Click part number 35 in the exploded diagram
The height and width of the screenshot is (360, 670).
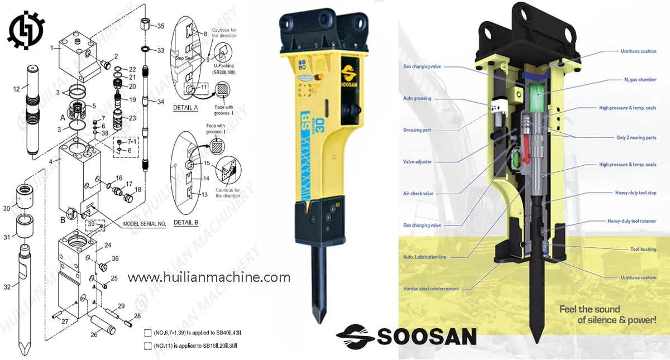pos(161,26)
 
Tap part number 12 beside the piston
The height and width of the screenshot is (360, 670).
pos(17,89)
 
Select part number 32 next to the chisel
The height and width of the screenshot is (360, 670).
pos(7,287)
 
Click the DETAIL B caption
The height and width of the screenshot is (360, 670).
pos(186,223)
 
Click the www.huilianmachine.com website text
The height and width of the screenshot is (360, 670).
pos(209,277)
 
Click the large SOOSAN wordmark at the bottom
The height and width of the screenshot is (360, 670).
pos(406,336)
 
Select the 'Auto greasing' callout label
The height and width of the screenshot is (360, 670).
pos(417,98)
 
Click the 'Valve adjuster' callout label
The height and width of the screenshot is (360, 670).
pos(417,162)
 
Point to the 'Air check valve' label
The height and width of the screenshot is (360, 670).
pos(418,194)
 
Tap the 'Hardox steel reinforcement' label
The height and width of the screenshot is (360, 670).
pos(431,289)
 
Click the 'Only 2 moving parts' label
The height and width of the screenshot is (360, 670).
pos(636,137)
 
